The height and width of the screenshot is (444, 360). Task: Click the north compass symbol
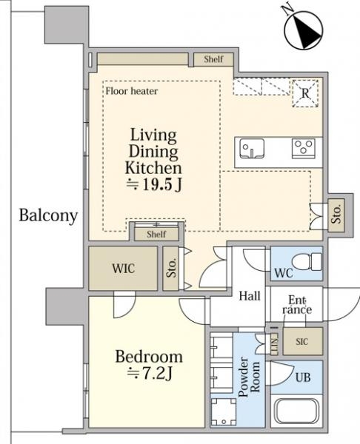(x=303, y=30)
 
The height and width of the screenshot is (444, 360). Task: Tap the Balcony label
(x=48, y=216)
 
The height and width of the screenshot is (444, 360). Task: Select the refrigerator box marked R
(x=305, y=93)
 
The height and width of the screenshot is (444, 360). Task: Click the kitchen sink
(x=252, y=149)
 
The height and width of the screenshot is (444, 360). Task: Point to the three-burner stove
(x=304, y=149)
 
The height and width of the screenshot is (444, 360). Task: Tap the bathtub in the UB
(x=297, y=411)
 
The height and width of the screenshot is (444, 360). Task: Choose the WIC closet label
(x=123, y=269)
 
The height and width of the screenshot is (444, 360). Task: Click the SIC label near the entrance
(x=302, y=341)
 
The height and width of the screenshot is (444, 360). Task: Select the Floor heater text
(x=132, y=91)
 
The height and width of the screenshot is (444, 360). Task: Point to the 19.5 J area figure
(x=154, y=184)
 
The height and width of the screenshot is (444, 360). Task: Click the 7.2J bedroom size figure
(x=150, y=374)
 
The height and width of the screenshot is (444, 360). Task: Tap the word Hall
(x=250, y=296)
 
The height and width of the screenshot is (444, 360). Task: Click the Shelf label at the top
(x=214, y=59)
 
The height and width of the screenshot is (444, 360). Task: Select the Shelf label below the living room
(x=156, y=234)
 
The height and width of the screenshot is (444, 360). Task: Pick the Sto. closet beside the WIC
(x=171, y=268)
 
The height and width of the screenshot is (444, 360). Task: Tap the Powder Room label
(x=249, y=377)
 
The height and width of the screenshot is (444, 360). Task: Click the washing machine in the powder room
(x=224, y=411)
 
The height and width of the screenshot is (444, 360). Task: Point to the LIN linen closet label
(x=274, y=344)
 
